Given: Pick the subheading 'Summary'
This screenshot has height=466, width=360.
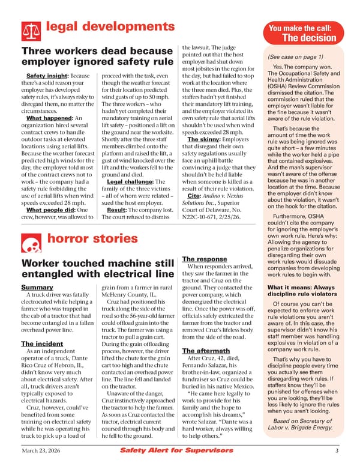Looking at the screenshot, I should click(37, 288).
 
